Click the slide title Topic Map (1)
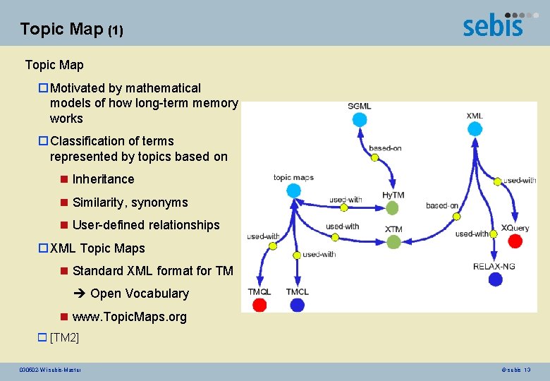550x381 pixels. pos(71,30)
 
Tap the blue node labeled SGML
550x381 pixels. pos(360,120)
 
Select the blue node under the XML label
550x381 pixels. pos(475,129)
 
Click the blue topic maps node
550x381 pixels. pos(294,190)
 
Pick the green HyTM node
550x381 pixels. pos(393,207)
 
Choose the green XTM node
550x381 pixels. pos(393,242)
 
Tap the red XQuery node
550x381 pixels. pos(515,241)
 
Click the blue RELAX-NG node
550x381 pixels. pos(496,279)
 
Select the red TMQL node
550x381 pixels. pos(259,305)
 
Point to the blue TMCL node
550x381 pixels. pos(297,305)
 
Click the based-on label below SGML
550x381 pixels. pos(386,148)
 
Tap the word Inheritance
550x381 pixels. pos(103,179)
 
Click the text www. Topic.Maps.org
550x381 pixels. pos(130,317)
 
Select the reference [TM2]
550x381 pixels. pos(64,337)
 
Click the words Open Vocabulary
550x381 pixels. pos(140,294)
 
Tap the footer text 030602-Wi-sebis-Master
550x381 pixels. pos(51,370)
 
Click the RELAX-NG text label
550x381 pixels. pos(494,266)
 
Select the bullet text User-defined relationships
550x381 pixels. pos(146,225)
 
